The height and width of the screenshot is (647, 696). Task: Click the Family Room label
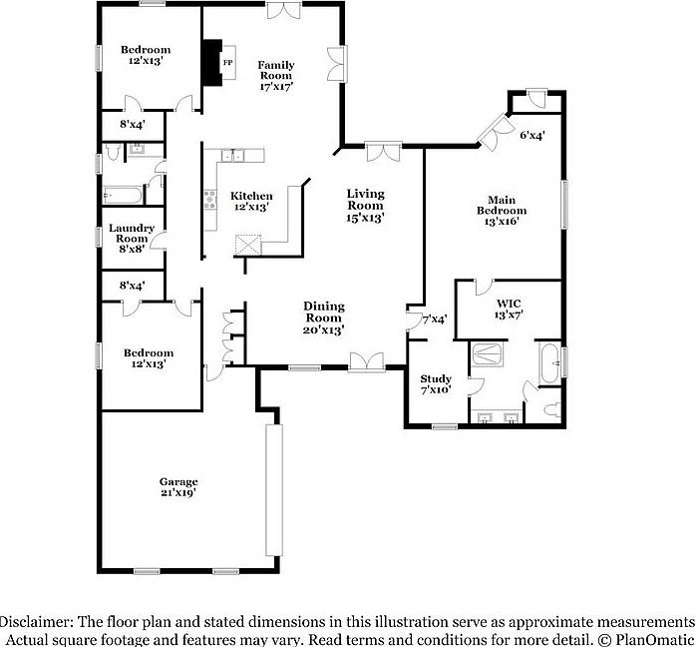276,71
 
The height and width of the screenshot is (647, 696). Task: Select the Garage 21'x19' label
178,486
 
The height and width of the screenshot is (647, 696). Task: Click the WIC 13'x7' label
510,308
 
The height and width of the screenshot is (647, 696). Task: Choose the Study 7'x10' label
436,384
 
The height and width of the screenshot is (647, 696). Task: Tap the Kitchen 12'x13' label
251,201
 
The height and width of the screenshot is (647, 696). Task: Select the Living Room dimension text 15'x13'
365,217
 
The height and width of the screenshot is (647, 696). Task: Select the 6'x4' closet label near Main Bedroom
531,133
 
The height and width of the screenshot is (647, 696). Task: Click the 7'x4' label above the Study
435,321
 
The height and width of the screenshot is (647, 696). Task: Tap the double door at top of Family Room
282,10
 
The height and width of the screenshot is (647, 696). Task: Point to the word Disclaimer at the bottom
40,619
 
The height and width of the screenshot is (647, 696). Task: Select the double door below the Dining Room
365,361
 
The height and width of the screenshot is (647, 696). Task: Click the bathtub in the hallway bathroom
125,195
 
